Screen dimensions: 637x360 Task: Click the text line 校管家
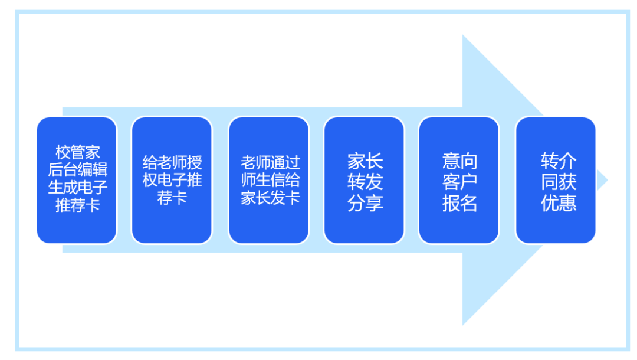78,152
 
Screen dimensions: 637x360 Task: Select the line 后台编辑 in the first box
78,170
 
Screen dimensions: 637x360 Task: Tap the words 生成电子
78,187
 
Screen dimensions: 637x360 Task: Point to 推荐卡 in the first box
78,205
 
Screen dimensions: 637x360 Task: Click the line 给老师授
172,162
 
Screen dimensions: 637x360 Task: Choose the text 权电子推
172,180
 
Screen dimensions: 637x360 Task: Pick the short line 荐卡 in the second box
172,198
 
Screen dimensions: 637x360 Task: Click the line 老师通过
270,162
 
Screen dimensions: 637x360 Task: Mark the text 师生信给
270,180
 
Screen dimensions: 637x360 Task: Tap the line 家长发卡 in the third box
270,198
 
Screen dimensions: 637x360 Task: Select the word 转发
365,182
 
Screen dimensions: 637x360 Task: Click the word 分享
365,203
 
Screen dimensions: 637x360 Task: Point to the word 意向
460,161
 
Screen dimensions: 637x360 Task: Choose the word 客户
460,182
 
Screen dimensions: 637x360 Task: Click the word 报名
460,203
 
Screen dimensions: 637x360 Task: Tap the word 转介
559,161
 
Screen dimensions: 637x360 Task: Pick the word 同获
559,182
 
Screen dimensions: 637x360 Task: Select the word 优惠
559,203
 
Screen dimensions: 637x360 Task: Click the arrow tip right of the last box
608,180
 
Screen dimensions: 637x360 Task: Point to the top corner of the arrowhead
463,35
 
